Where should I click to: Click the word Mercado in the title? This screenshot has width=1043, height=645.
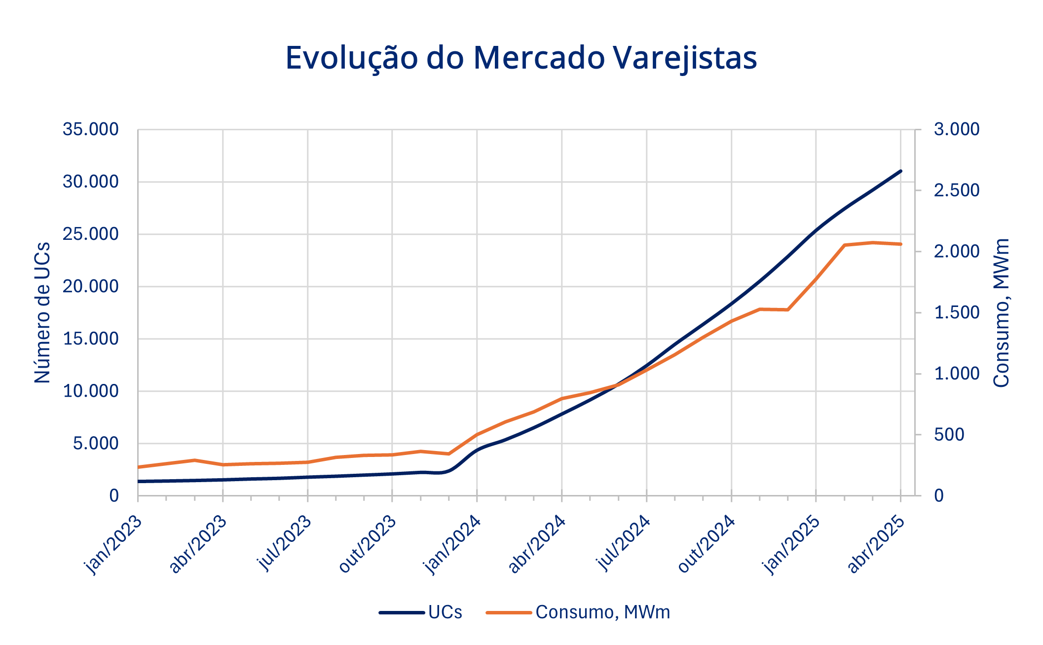pos(539,58)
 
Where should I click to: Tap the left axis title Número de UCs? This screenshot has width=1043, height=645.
pos(43,312)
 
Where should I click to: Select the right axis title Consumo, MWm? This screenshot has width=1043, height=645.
pos(1001,312)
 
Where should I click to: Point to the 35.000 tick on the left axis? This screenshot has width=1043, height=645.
pos(90,130)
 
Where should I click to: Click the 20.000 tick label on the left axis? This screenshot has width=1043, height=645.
pos(90,287)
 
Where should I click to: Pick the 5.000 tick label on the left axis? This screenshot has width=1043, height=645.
pos(96,444)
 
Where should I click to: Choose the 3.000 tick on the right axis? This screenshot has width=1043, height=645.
pos(956,130)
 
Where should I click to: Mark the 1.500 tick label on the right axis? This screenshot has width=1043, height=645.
pos(956,313)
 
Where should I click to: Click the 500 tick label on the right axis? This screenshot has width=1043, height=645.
pos(949,435)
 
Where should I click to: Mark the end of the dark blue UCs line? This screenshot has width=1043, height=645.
pos(901,171)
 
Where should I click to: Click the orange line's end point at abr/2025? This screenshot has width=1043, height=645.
pos(901,244)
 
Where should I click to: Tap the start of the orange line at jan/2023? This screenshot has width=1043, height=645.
pos(139,467)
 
